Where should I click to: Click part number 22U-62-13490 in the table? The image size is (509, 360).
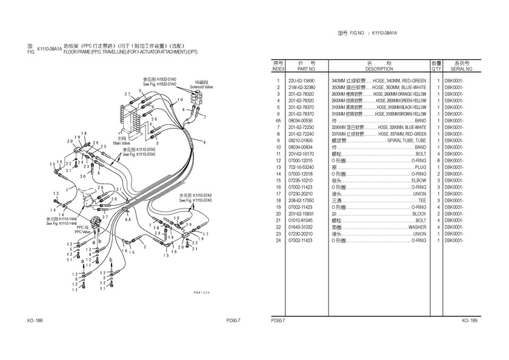tap(301, 81)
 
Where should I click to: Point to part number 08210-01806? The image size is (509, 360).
tap(301, 141)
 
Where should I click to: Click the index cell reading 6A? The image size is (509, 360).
tap(278, 121)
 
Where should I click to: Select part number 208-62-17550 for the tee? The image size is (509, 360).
tap(301, 201)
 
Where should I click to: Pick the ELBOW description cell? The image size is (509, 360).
tap(418, 181)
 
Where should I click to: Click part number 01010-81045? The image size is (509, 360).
tap(301, 221)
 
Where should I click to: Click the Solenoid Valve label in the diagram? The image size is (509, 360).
tap(201, 87)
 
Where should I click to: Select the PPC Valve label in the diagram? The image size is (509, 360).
tap(82, 232)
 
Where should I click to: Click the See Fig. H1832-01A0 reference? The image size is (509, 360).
tap(159, 84)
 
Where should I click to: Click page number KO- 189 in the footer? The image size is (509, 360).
tap(470, 320)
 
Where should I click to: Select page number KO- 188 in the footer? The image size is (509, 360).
tap(35, 320)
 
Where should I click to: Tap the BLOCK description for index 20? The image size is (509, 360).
tap(419, 214)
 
